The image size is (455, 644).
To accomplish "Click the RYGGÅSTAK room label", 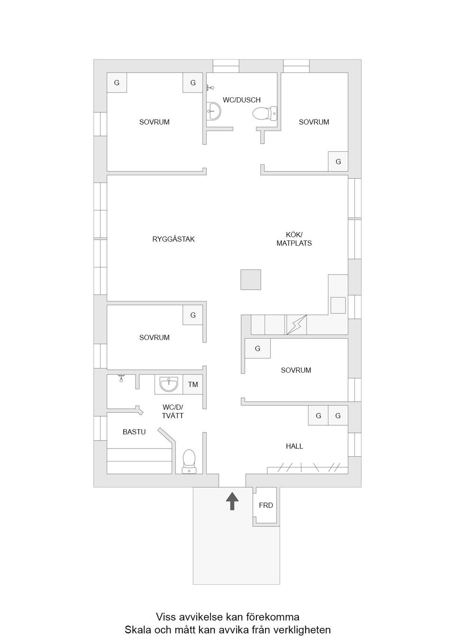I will [x=173, y=239].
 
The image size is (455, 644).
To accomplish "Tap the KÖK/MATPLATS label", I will [x=294, y=239].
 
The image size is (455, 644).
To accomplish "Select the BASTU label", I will [x=134, y=432].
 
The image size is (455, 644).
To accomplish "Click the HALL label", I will [x=294, y=446].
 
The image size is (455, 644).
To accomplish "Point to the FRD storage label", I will [x=266, y=506].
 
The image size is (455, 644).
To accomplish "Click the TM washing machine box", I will [x=193, y=385].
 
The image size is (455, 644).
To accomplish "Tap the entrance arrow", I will [x=232, y=501].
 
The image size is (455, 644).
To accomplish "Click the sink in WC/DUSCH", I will [x=214, y=112].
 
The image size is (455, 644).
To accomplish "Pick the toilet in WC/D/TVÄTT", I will [x=189, y=461].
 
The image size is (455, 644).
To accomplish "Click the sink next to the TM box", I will [x=169, y=384].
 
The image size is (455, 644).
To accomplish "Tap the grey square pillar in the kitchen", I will [x=250, y=279].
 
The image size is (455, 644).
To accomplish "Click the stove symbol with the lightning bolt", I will [x=296, y=325].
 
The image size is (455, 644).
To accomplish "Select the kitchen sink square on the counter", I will [x=338, y=305].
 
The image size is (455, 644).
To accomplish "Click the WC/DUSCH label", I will [x=242, y=100].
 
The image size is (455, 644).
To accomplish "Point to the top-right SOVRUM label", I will [x=314, y=122].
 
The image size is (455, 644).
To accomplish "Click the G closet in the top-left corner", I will [x=117, y=83].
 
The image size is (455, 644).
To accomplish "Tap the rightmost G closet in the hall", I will [x=338, y=415].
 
